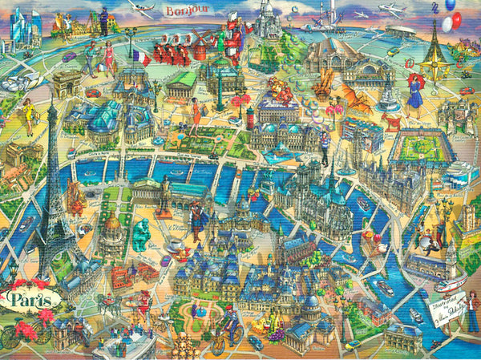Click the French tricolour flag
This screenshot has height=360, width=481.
141,57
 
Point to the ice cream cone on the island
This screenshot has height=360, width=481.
368,238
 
